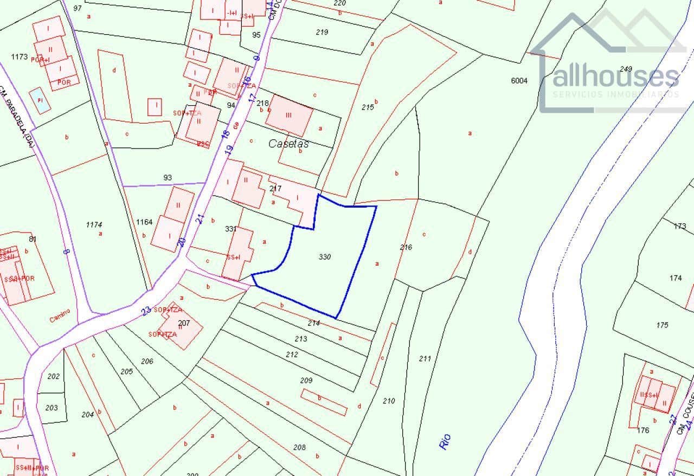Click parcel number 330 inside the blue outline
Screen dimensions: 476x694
(325, 256)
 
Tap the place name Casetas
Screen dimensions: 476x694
(288, 144)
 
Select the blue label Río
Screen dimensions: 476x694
(445, 441)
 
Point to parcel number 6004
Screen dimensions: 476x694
(519, 81)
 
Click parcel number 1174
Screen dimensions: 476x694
(94, 224)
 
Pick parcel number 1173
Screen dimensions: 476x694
(19, 56)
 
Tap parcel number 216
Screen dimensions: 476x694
(406, 247)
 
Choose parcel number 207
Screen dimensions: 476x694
(184, 323)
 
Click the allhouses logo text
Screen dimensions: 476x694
(615, 77)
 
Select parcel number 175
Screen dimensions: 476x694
(662, 325)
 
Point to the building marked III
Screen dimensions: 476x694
(288, 115)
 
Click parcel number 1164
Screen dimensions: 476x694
(144, 222)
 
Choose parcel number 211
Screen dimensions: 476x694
(425, 358)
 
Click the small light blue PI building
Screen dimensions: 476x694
(40, 100)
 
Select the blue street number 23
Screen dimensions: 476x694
(146, 311)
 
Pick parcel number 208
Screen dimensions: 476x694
(299, 447)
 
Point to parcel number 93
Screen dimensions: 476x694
(167, 177)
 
